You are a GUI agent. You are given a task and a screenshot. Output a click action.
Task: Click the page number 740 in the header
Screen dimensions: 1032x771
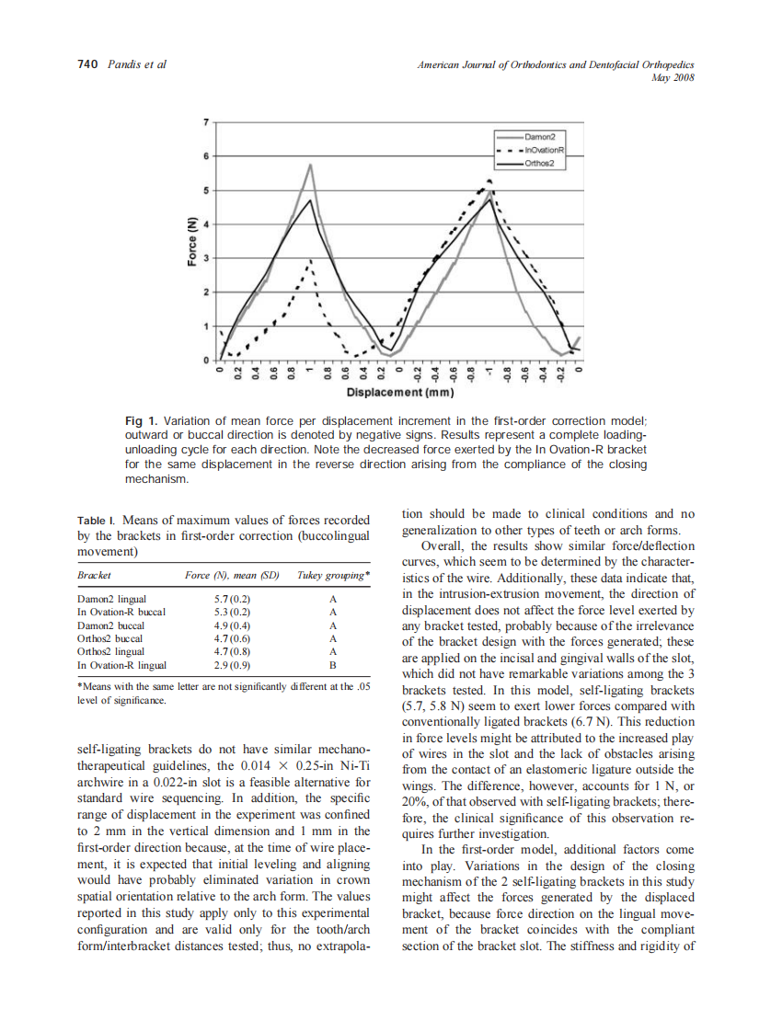[x=86, y=64]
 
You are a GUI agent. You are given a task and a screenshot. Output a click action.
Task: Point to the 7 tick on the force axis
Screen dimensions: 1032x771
[x=206, y=121]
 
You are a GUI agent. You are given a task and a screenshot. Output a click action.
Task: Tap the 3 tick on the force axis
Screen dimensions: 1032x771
[x=206, y=258]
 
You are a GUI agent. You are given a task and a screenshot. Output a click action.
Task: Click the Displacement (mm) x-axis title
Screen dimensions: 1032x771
[x=398, y=393]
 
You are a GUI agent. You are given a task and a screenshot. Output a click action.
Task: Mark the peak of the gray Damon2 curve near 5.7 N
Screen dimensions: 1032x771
[x=311, y=166]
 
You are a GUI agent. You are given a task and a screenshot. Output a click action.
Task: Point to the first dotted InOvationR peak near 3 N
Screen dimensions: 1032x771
[x=311, y=260]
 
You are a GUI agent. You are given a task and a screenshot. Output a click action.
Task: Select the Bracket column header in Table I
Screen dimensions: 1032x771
[x=94, y=575]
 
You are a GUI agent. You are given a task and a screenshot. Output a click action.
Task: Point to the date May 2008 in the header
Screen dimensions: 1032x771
[x=672, y=78]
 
